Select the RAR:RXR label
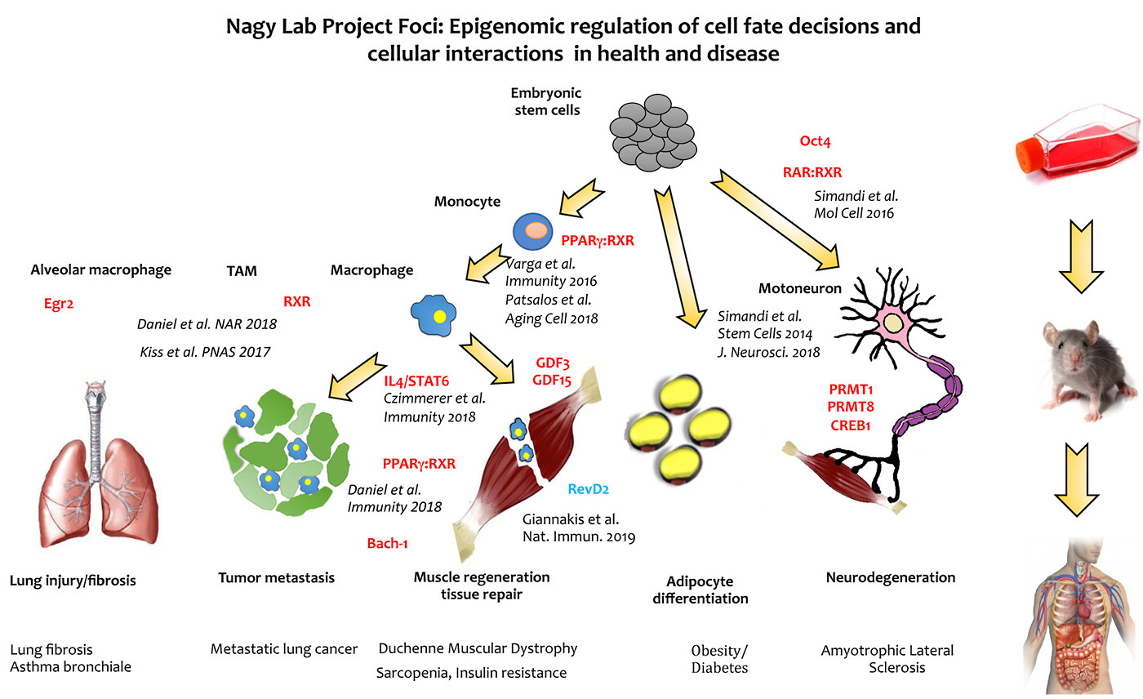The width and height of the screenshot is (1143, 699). (812, 172)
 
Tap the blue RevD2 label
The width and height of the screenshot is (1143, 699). (589, 489)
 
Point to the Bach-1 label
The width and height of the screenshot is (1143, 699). (388, 543)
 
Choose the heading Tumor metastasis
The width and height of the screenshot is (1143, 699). (276, 578)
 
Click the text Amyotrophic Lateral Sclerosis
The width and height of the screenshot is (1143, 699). (887, 658)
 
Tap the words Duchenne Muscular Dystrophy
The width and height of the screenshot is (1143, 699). (478, 648)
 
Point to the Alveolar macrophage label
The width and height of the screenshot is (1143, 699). (100, 270)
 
